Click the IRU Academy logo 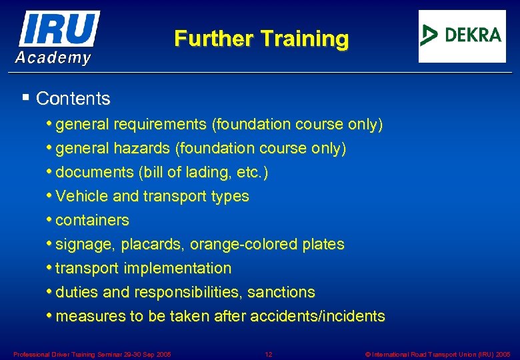coord(57,37)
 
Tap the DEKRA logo coord(462,36)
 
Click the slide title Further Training coord(261,39)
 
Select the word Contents coord(73,99)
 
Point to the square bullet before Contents coord(25,98)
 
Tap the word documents coord(95,173)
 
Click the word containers coord(93,220)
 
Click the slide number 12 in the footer coord(269,354)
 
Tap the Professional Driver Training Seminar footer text coord(92,354)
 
